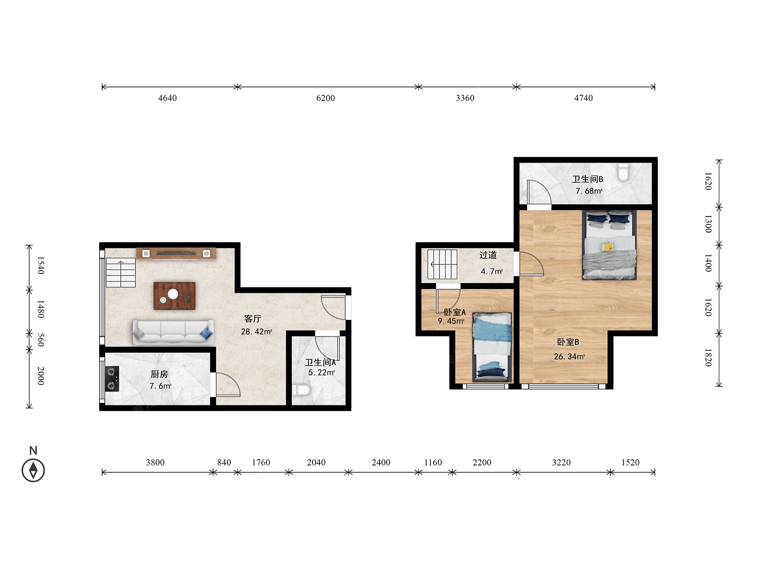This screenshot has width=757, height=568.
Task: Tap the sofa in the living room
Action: click(x=173, y=332)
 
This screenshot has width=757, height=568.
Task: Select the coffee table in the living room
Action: click(x=174, y=296)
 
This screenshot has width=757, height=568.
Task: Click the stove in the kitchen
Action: click(x=112, y=379)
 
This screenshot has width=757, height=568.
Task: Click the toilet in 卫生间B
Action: click(x=623, y=173)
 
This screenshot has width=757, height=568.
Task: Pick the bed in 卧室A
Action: click(x=492, y=347)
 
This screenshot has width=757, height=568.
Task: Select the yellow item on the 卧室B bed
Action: click(x=607, y=247)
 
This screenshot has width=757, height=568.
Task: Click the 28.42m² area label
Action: click(x=257, y=332)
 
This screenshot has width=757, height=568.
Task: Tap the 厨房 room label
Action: click(x=159, y=374)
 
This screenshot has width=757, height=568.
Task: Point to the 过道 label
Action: click(x=488, y=255)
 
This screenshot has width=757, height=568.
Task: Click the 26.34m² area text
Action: click(x=569, y=356)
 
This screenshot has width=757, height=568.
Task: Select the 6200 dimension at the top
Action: click(x=326, y=98)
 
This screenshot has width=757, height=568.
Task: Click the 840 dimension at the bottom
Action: click(x=224, y=462)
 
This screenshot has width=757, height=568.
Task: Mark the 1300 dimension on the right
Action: click(x=708, y=224)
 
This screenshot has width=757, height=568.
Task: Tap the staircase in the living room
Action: click(x=121, y=273)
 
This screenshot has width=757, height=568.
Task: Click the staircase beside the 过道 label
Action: click(x=442, y=264)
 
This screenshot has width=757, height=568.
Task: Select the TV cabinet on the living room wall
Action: click(x=176, y=253)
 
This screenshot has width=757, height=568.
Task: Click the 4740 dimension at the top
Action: click(x=583, y=98)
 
